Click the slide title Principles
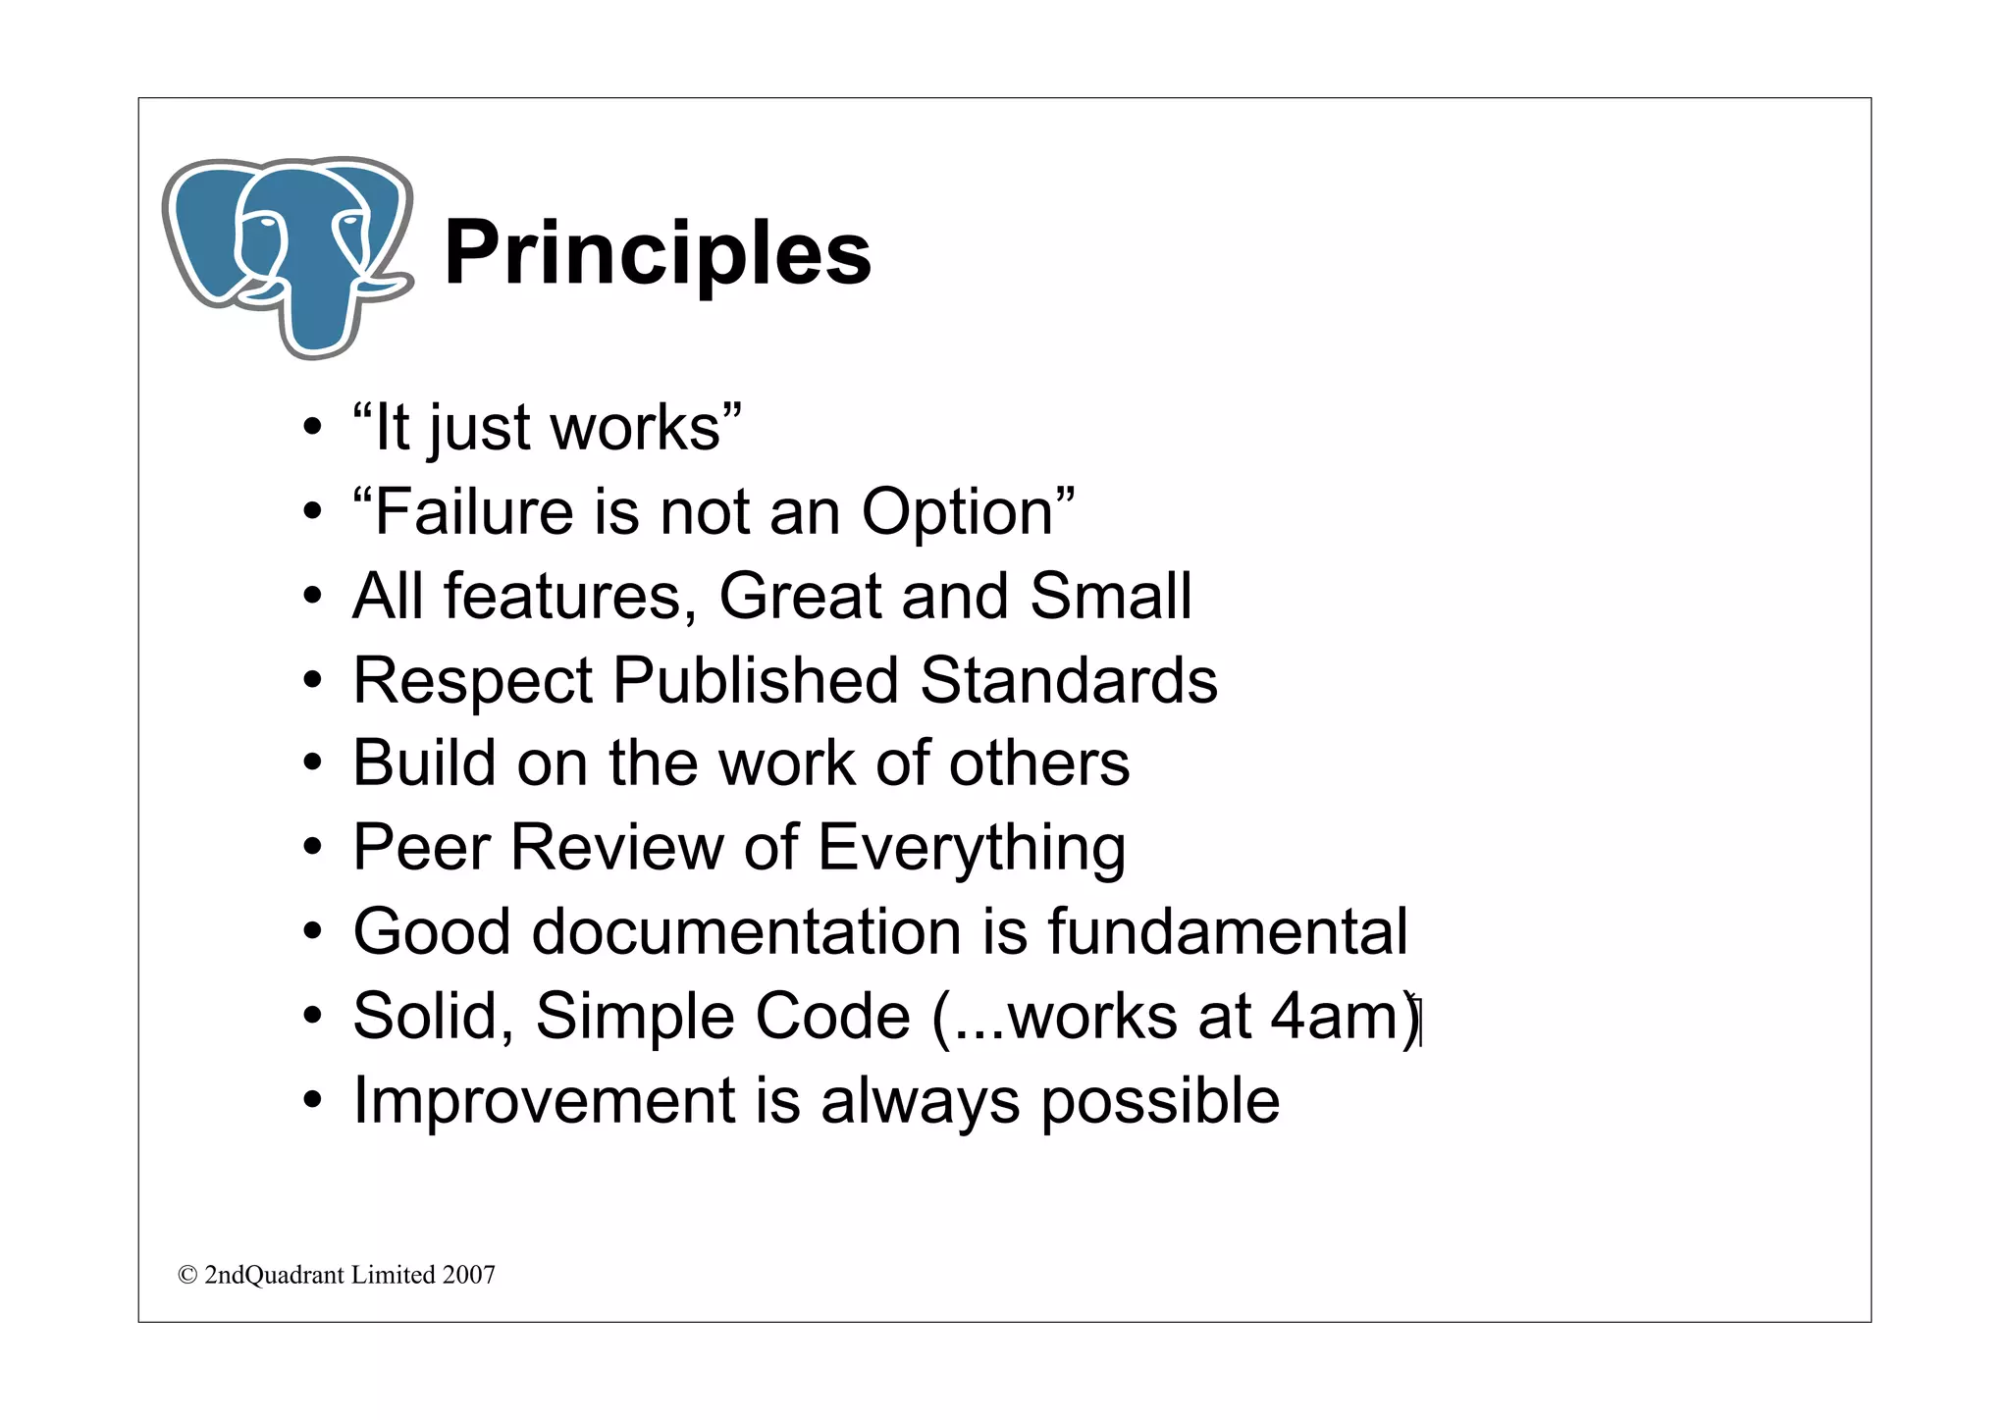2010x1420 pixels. click(657, 254)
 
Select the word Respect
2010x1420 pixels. click(473, 680)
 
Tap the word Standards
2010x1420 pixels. click(1069, 680)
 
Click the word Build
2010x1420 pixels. click(424, 763)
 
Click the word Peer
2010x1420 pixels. click(422, 847)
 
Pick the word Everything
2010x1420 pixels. click(971, 849)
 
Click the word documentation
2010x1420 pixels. click(746, 931)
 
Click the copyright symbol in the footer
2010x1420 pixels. click(187, 1275)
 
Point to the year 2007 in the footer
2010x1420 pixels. click(468, 1275)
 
